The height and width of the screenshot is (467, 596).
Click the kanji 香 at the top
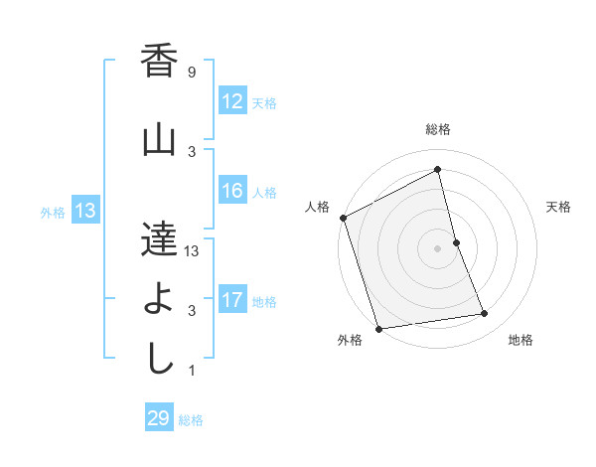point(160,63)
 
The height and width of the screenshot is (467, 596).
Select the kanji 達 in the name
point(160,237)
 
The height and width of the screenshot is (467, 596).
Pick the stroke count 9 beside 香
point(191,73)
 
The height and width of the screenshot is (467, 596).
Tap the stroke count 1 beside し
point(191,371)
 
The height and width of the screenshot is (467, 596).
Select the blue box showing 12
point(232,102)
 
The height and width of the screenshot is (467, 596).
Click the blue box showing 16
point(232,192)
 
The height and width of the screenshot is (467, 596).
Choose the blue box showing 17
point(232,301)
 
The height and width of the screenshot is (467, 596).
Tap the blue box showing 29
point(159,418)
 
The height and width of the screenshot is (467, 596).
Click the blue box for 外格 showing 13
point(84,211)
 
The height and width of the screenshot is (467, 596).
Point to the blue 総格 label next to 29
point(191,420)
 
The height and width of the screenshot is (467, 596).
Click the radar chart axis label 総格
point(438,129)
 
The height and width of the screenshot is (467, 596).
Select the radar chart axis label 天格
point(559,207)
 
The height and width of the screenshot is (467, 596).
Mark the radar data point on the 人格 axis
point(343,218)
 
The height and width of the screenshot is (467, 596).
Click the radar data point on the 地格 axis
point(485,314)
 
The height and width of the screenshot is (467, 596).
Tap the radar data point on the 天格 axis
point(456,242)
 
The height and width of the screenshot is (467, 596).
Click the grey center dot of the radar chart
point(438,248)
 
